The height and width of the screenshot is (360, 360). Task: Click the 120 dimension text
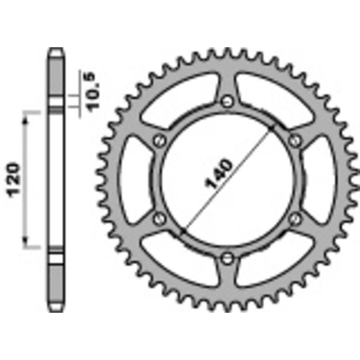click(x=14, y=179)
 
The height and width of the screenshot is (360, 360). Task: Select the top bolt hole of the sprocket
click(x=227, y=101)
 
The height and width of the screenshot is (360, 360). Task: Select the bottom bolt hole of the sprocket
click(x=227, y=258)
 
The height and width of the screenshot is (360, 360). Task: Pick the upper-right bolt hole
click(x=295, y=141)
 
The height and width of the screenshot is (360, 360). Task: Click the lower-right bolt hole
click(x=295, y=219)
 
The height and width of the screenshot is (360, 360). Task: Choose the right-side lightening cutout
click(x=323, y=180)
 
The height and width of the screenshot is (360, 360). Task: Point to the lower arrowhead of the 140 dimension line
click(x=183, y=231)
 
